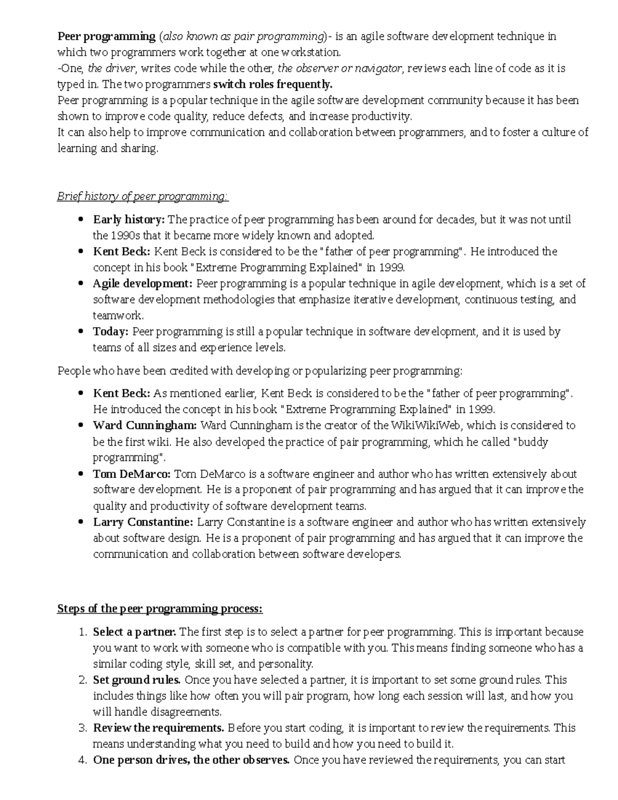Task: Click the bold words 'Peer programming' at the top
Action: pyautogui.click(x=106, y=37)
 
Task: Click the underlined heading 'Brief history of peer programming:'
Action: pyautogui.click(x=143, y=197)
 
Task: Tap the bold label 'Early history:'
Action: pyautogui.click(x=129, y=220)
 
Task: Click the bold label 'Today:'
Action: pyautogui.click(x=110, y=332)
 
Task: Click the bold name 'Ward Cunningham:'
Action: pyautogui.click(x=145, y=425)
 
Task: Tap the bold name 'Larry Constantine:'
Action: pyautogui.click(x=143, y=522)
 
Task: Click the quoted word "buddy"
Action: pyautogui.click(x=530, y=442)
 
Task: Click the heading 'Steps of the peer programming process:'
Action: pyautogui.click(x=160, y=609)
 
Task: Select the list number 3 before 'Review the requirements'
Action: pyautogui.click(x=83, y=728)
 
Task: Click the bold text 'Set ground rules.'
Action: pyautogui.click(x=136, y=680)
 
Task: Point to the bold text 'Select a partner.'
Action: pyautogui.click(x=134, y=632)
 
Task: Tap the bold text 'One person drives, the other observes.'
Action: pyautogui.click(x=191, y=760)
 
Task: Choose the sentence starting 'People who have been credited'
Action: pyautogui.click(x=260, y=371)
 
